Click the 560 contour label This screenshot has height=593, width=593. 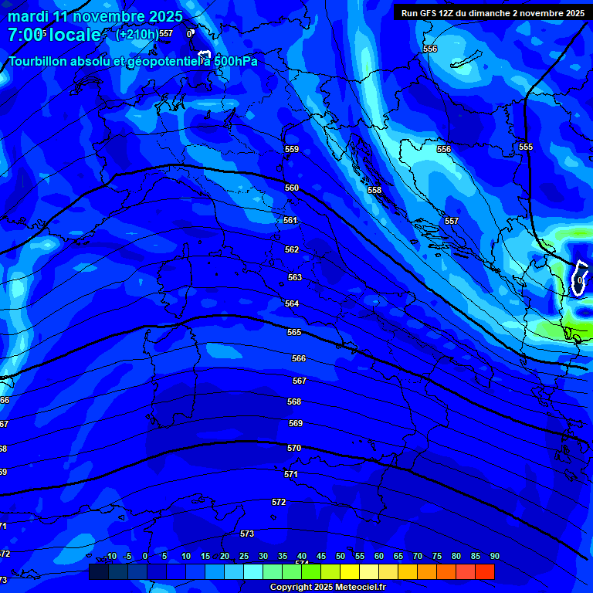coord(292,188)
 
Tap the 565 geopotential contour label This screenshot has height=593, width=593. coord(294,332)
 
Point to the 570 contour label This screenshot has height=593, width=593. coord(294,448)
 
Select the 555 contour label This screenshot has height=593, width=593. coord(526,147)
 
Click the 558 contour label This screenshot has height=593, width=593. coord(374,190)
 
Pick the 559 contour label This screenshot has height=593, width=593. coord(292,149)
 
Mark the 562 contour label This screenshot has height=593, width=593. coord(292,249)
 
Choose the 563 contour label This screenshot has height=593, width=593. coord(295,277)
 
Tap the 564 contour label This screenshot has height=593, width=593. coord(292,303)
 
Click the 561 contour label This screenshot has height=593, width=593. coord(290,220)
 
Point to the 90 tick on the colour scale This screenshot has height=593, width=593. coord(494,556)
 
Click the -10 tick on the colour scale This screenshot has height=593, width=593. coord(110,556)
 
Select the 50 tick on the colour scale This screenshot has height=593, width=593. coord(340,556)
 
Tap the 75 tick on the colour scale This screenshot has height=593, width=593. coord(436,556)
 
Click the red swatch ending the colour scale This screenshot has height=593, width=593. coord(484,571)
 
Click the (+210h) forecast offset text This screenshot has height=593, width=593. coord(136,34)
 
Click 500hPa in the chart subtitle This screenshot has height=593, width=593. coord(235,61)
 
